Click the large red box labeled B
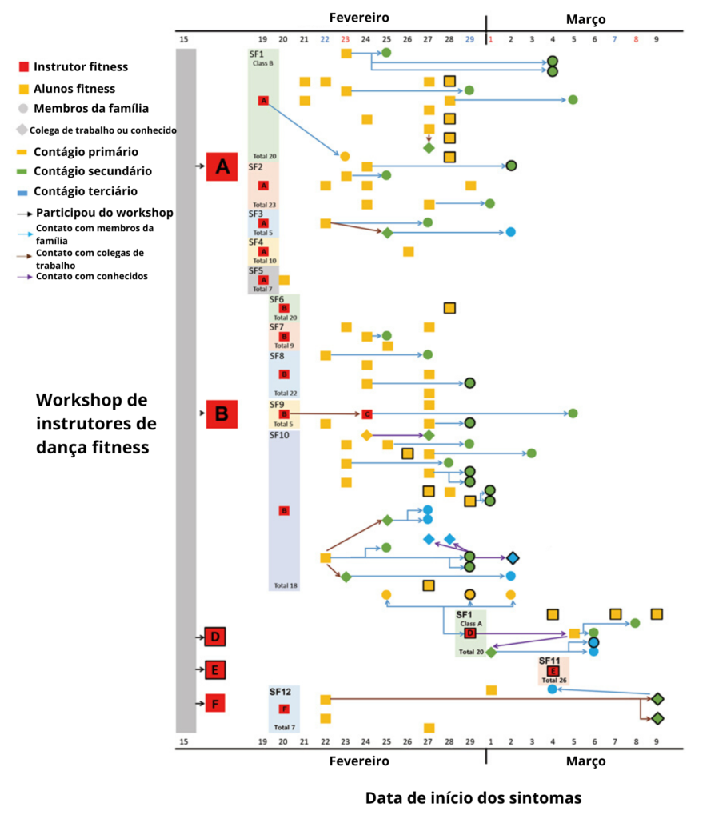click(x=222, y=413)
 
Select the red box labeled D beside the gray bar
click(x=214, y=637)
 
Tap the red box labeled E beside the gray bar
click(x=214, y=669)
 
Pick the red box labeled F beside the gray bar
click(x=214, y=703)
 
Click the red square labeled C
click(x=366, y=413)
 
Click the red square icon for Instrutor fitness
click(x=25, y=67)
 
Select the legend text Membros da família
click(x=90, y=109)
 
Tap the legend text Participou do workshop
click(x=104, y=212)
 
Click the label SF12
click(x=280, y=691)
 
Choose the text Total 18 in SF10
click(x=286, y=585)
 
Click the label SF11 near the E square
click(x=550, y=661)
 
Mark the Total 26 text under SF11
click(x=553, y=681)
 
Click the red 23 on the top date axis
click(x=345, y=39)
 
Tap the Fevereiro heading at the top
click(x=359, y=17)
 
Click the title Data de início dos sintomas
click(x=473, y=798)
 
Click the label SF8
click(x=277, y=355)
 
